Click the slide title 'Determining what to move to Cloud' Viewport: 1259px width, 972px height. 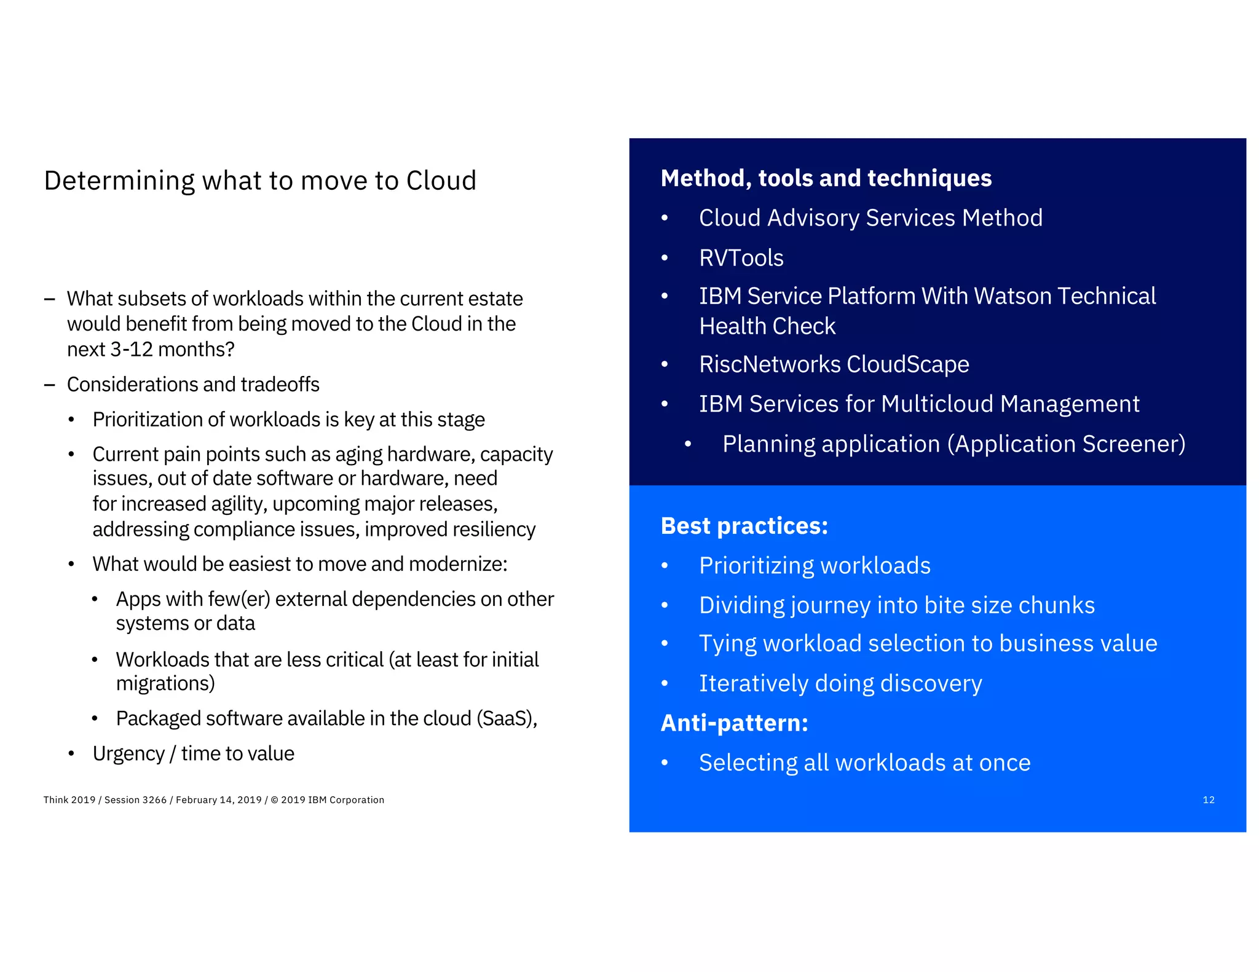260,181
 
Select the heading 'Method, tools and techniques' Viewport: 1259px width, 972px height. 826,178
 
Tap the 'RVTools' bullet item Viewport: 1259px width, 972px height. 741,258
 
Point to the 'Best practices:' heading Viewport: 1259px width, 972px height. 744,526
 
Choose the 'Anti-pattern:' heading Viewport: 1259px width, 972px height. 734,723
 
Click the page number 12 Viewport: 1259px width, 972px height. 1208,800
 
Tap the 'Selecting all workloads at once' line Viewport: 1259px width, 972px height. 864,762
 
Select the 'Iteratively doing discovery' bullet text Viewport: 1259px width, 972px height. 840,683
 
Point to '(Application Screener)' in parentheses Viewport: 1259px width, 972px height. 1066,444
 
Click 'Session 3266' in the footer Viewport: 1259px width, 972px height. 135,800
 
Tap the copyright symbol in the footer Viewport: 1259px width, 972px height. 274,800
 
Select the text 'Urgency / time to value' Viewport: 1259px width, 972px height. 193,753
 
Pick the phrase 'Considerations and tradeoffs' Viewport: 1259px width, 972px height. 193,385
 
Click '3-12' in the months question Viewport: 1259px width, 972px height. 131,349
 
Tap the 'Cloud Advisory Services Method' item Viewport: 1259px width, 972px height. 870,218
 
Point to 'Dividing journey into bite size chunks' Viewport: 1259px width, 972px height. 896,605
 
